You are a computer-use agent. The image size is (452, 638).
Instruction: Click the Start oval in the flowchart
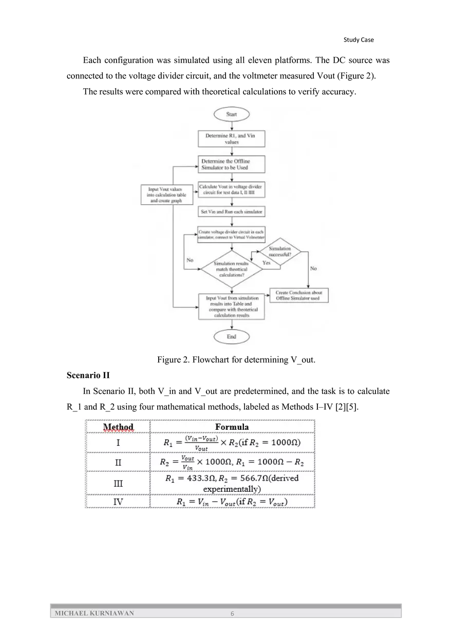point(232,114)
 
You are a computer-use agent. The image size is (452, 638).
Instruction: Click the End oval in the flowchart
point(232,336)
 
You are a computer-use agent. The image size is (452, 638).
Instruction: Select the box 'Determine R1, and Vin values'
point(232,139)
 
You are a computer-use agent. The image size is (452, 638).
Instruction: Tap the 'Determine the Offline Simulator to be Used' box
point(232,165)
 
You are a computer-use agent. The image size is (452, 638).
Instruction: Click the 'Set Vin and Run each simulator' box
point(232,211)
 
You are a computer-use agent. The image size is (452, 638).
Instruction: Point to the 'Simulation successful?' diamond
point(280,252)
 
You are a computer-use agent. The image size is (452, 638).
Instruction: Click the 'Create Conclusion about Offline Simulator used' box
point(299,295)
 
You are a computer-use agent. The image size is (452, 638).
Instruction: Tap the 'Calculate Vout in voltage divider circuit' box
point(232,190)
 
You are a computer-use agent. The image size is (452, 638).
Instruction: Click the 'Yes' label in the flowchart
point(266,263)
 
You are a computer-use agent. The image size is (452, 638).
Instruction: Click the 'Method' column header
point(118,427)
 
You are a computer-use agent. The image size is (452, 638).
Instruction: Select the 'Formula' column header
point(232,427)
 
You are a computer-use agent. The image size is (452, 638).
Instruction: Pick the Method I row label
point(118,443)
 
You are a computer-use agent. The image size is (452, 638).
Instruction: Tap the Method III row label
point(118,483)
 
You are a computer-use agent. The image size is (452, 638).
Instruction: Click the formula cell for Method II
point(232,462)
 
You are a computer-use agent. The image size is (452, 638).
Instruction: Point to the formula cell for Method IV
point(232,502)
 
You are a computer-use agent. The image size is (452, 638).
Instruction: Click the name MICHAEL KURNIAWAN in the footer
point(95,613)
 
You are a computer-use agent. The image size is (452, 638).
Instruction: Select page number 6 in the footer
point(232,613)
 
